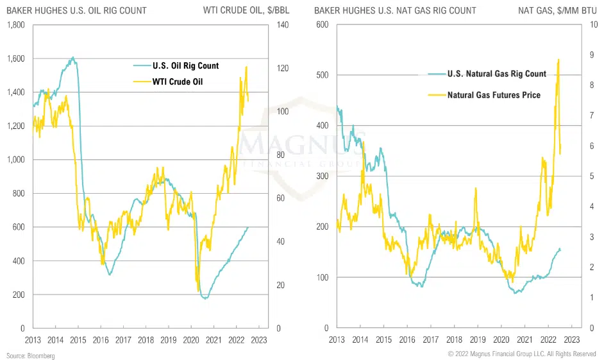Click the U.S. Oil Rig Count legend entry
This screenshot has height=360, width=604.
(x=185, y=65)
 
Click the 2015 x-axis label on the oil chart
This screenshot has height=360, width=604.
(x=78, y=339)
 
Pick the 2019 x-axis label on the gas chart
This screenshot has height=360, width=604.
(x=478, y=339)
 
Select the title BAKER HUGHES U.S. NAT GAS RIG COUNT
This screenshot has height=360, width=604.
(x=396, y=10)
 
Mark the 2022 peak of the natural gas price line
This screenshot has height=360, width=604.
(x=558, y=59)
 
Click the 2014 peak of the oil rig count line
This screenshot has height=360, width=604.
(x=72, y=57)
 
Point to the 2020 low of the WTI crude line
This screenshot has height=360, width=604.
(x=198, y=292)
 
